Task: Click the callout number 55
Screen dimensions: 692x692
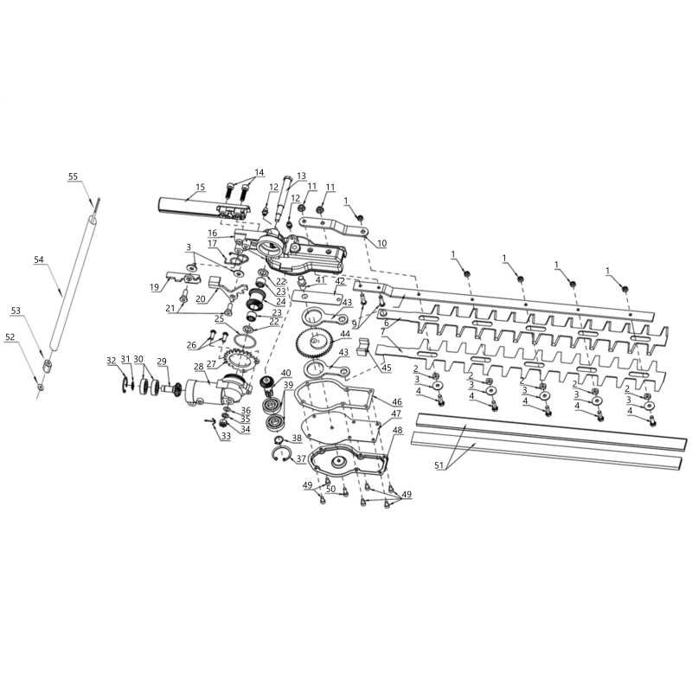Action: point(73,176)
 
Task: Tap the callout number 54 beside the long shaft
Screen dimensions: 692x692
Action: point(39,259)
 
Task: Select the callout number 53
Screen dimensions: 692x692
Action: point(16,311)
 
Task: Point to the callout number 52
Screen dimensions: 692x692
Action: point(10,336)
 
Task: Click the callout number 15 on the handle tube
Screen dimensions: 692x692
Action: point(201,187)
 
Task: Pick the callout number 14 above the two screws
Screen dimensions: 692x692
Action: point(259,172)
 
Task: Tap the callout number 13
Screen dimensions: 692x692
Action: point(301,176)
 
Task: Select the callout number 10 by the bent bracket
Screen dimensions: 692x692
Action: point(381,243)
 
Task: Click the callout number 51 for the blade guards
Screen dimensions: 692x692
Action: point(439,465)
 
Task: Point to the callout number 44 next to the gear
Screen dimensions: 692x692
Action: point(345,334)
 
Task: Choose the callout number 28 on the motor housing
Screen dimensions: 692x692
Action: point(199,366)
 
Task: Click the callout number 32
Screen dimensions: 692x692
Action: point(112,360)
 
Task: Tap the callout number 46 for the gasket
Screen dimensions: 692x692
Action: point(397,401)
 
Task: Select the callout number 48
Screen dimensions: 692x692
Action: point(398,430)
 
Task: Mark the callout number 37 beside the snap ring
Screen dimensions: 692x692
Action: point(301,459)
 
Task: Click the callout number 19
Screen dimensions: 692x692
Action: point(154,287)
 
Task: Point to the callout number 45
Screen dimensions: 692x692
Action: point(386,368)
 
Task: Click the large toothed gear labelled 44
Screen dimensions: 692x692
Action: point(314,341)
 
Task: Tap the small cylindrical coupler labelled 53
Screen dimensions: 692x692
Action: point(48,366)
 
